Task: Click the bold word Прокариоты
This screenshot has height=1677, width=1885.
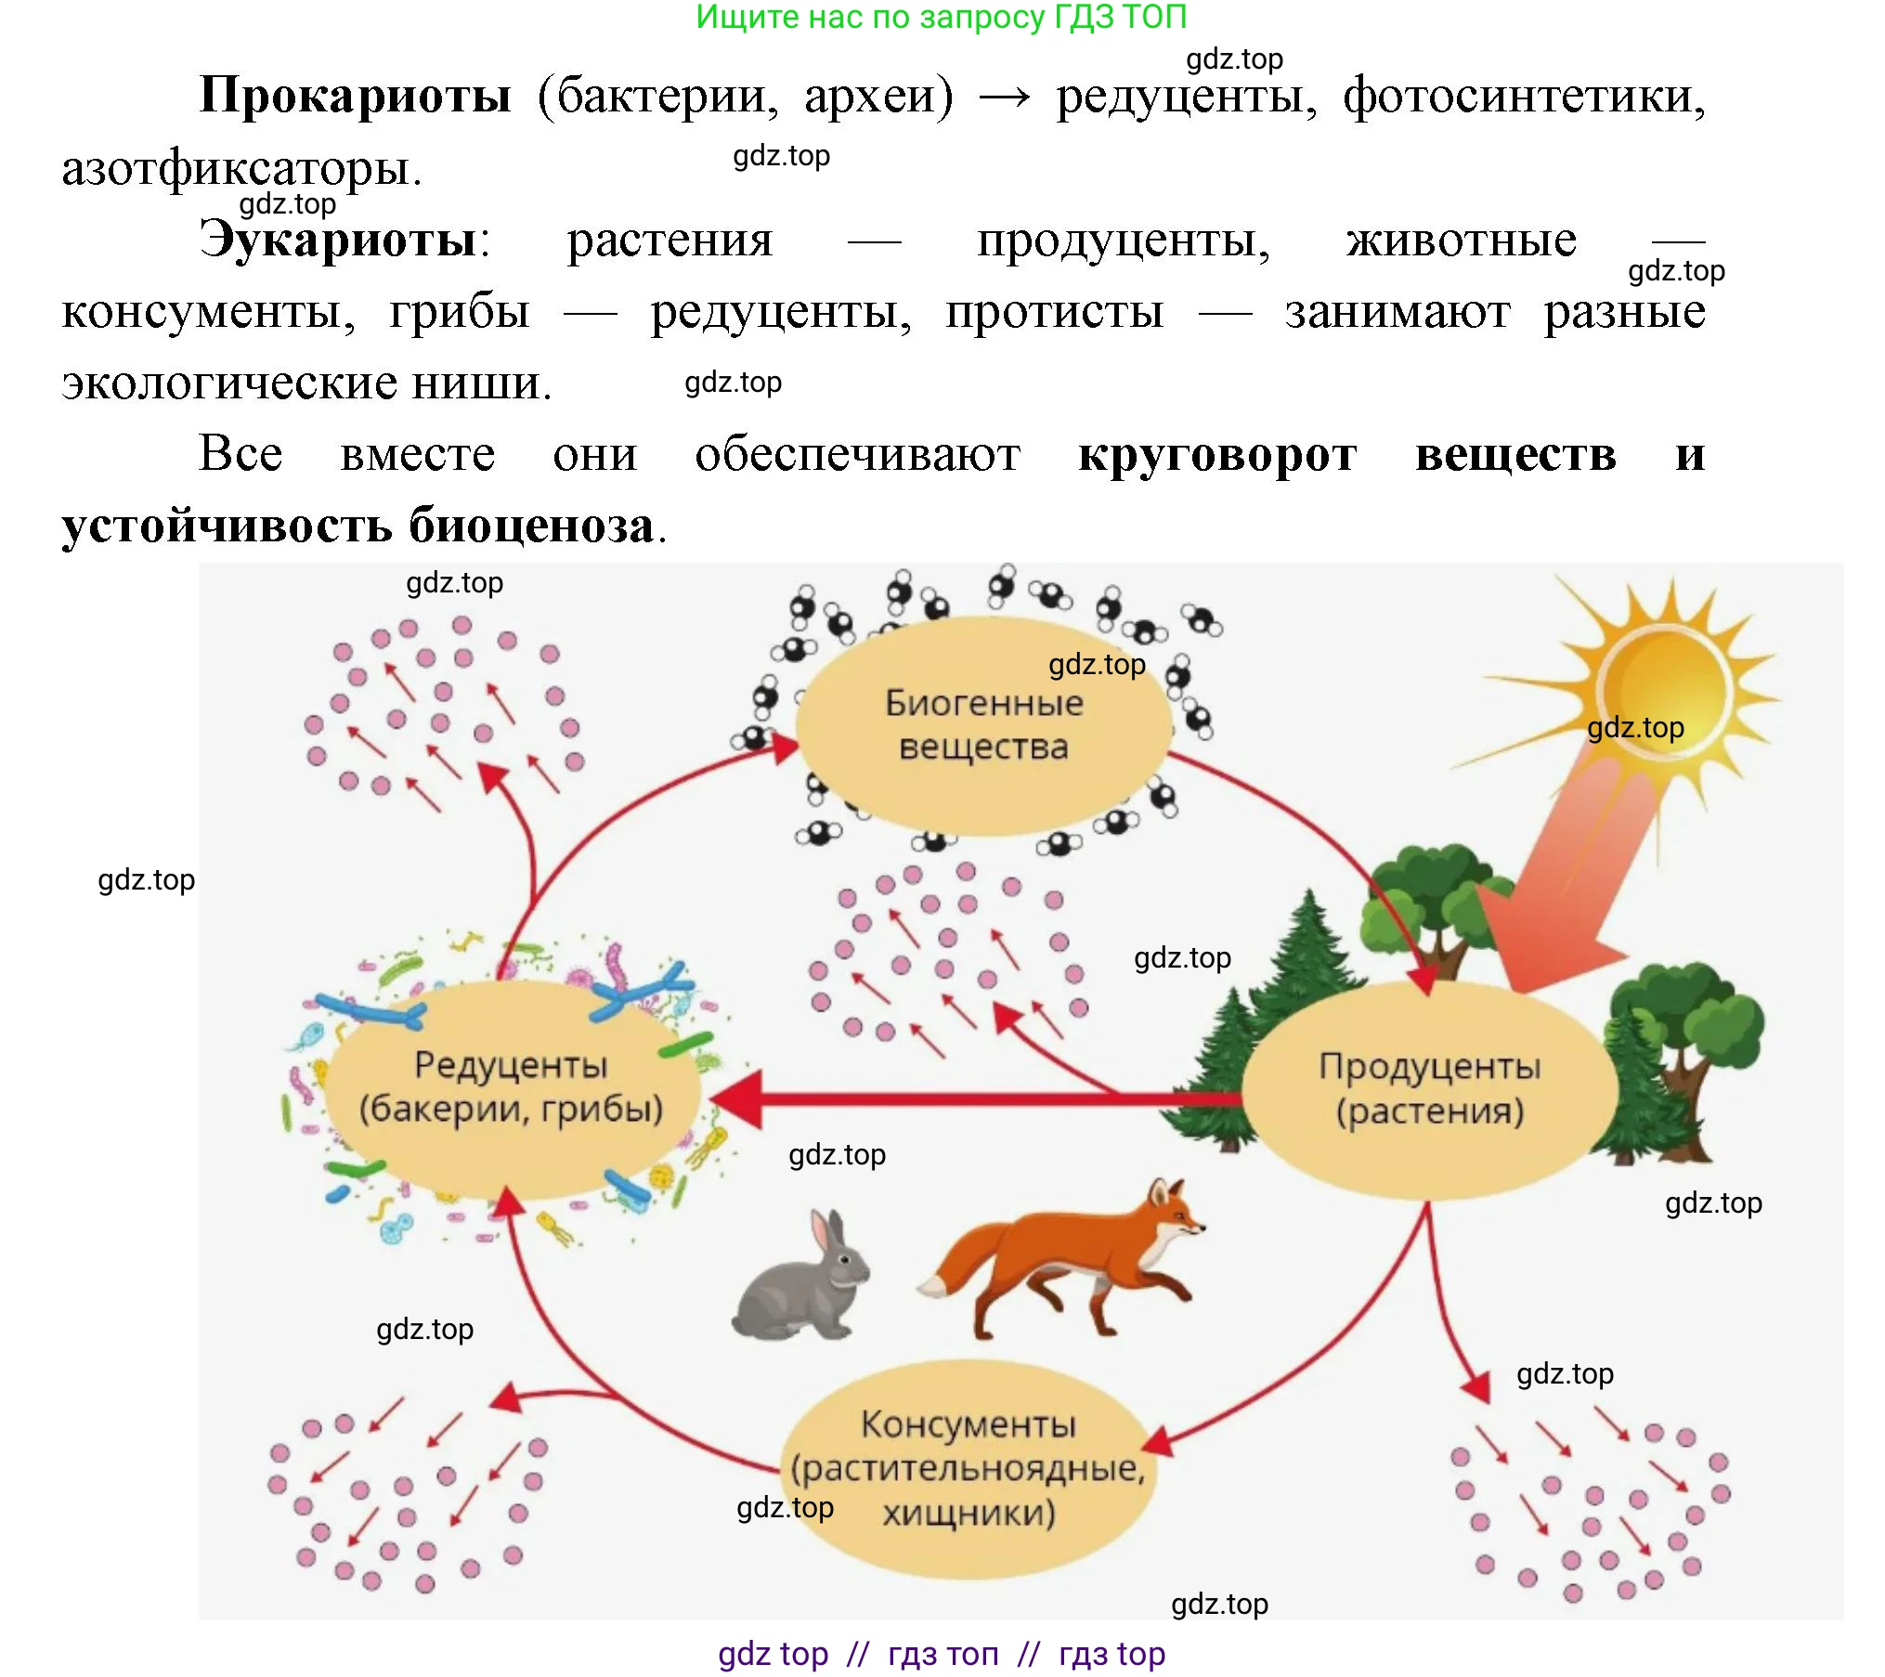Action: [x=355, y=96]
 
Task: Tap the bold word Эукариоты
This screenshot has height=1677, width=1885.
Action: [x=339, y=240]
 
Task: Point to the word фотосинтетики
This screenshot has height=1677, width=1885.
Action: [x=1524, y=96]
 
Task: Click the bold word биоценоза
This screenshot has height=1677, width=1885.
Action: [x=532, y=526]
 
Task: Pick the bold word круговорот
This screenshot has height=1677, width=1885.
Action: [x=1217, y=455]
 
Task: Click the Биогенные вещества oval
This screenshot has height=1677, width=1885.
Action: [x=983, y=725]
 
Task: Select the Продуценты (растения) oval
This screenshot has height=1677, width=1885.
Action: [x=1429, y=1088]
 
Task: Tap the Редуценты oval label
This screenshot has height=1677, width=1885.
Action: [x=511, y=1086]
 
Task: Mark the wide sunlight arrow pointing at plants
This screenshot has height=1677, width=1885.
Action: [x=1569, y=882]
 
